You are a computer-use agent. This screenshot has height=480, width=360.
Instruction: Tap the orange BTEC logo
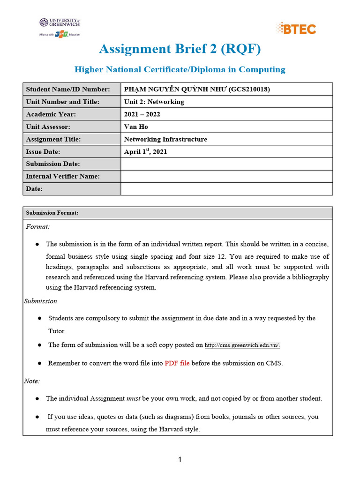click(296, 28)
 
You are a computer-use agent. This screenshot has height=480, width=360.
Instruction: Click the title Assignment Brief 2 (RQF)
click(180, 49)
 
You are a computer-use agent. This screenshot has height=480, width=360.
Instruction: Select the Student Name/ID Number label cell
click(72, 89)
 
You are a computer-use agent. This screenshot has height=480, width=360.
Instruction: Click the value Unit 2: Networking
click(154, 102)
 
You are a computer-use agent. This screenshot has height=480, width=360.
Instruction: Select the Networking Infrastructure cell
click(165, 139)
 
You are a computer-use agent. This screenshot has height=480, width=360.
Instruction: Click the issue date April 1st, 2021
click(145, 151)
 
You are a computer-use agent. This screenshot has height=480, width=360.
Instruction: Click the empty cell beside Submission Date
click(226, 164)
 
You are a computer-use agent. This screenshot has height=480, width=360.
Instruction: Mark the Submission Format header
click(52, 213)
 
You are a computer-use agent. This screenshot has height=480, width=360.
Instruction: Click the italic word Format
click(37, 227)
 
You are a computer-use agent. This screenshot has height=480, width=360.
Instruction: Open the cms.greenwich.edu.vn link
click(242, 345)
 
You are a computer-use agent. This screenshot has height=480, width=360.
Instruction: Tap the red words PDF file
click(177, 363)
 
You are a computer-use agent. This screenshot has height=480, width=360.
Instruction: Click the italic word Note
click(32, 381)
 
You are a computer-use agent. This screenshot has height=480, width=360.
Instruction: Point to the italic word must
click(133, 398)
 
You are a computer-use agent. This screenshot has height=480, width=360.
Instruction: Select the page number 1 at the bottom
click(180, 459)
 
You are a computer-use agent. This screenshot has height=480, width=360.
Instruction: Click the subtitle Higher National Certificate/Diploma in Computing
click(180, 69)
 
